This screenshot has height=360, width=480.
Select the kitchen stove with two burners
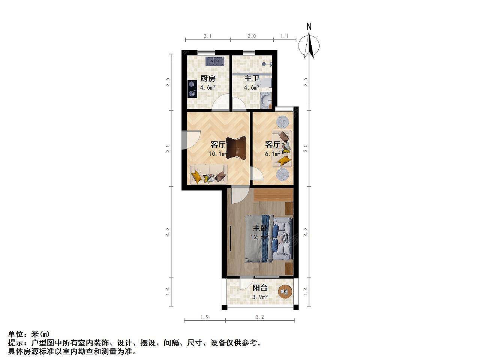point(39,89)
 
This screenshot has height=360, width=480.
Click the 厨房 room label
point(208,78)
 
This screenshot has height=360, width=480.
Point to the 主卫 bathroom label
point(252,78)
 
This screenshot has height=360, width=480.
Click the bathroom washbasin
point(266,100)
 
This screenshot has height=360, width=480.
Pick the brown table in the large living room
point(236,148)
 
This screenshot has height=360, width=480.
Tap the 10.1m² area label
point(218,154)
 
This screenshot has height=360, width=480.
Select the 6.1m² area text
point(273,154)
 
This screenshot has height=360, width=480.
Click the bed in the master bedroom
point(269,238)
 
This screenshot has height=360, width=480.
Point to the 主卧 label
point(260,228)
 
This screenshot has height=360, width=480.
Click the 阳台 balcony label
point(260,288)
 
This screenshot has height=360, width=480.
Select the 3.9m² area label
point(260,297)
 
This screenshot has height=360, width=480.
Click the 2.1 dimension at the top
point(207,36)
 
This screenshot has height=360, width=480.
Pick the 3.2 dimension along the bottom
point(260,317)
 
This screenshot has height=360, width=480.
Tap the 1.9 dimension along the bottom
point(204,317)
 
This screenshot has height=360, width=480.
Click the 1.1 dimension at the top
point(284,36)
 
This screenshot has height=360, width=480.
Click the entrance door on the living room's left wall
point(191,140)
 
